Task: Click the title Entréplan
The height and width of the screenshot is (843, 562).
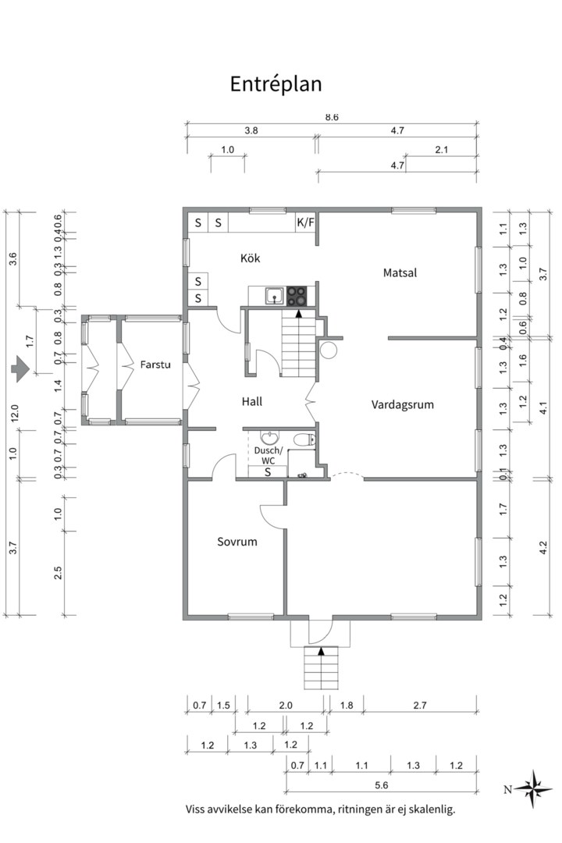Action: pyautogui.click(x=276, y=84)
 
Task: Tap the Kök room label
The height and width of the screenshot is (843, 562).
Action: pyautogui.click(x=250, y=258)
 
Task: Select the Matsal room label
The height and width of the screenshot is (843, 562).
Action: pyautogui.click(x=400, y=272)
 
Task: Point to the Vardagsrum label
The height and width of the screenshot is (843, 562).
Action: pyautogui.click(x=402, y=405)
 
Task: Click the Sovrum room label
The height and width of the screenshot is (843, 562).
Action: pyautogui.click(x=237, y=542)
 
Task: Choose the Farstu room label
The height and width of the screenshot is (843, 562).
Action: pyautogui.click(x=155, y=365)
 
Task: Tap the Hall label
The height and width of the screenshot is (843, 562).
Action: pyautogui.click(x=251, y=401)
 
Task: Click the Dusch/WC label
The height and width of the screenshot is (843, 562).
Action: pyautogui.click(x=268, y=455)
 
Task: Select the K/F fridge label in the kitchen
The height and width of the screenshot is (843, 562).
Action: pyautogui.click(x=305, y=222)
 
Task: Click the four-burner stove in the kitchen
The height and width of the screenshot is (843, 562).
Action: pyautogui.click(x=297, y=295)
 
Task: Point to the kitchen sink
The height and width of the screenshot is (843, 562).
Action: pyautogui.click(x=275, y=296)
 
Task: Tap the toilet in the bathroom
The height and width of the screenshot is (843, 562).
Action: pyautogui.click(x=304, y=440)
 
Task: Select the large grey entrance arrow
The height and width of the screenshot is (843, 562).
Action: pyautogui.click(x=20, y=368)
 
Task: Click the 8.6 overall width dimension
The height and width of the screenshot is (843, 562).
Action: pyautogui.click(x=332, y=117)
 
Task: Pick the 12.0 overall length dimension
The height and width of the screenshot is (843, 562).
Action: pyautogui.click(x=14, y=412)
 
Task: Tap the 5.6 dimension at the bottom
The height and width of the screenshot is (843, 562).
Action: pyautogui.click(x=381, y=785)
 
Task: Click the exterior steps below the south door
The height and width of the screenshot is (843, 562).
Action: pyautogui.click(x=321, y=667)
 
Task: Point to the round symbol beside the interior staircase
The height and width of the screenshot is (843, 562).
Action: pyautogui.click(x=328, y=350)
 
